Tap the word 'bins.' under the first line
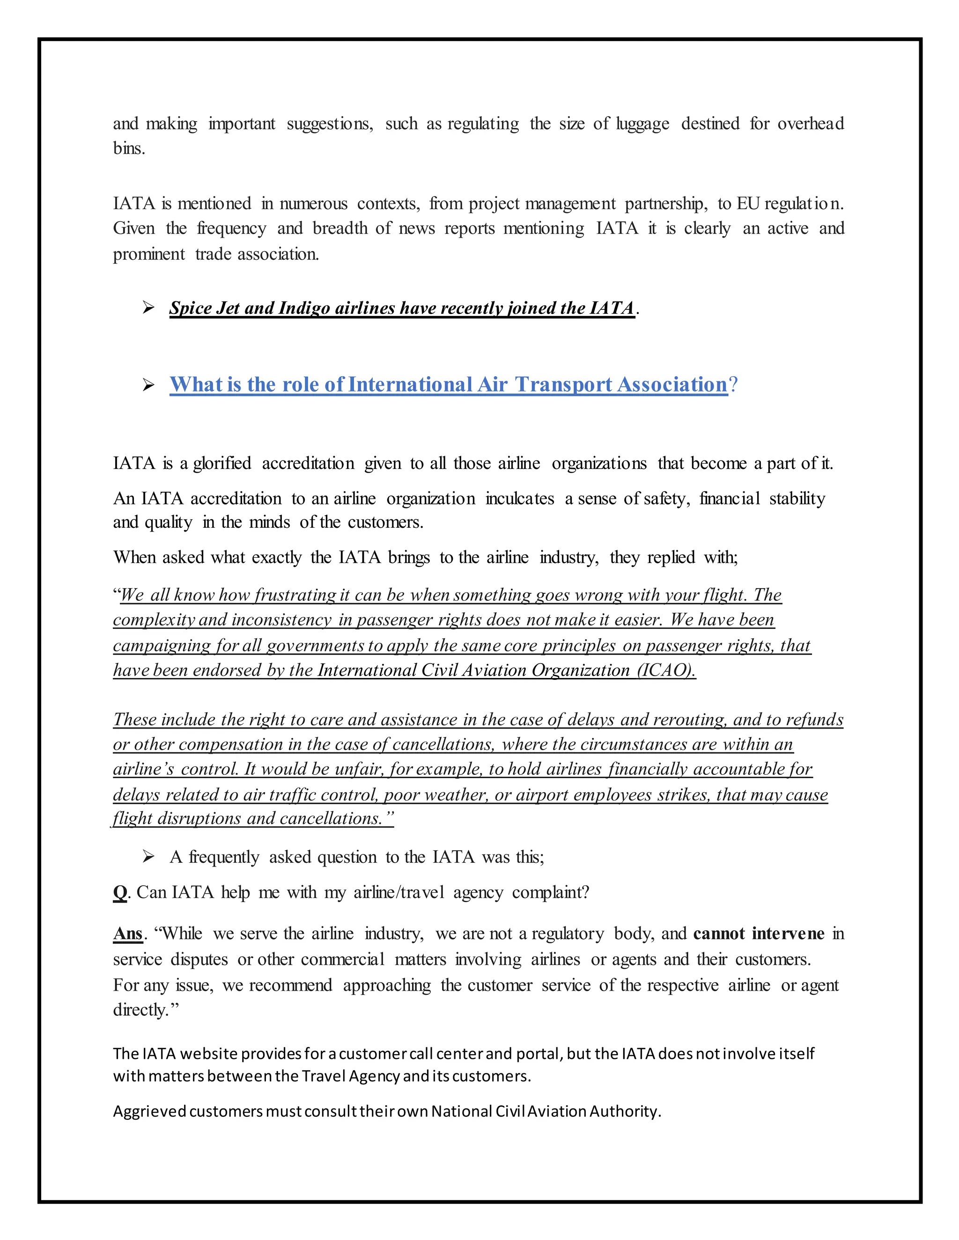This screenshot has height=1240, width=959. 129,149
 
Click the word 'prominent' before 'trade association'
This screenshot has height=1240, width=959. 149,255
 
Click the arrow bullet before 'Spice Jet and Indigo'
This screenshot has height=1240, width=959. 148,308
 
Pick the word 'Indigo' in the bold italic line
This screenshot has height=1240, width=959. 304,308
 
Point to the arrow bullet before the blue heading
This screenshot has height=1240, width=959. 148,386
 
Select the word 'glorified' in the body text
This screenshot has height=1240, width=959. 222,464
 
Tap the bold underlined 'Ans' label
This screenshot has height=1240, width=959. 128,934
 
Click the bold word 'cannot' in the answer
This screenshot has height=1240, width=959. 719,934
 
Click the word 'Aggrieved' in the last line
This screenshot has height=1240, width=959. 149,1111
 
